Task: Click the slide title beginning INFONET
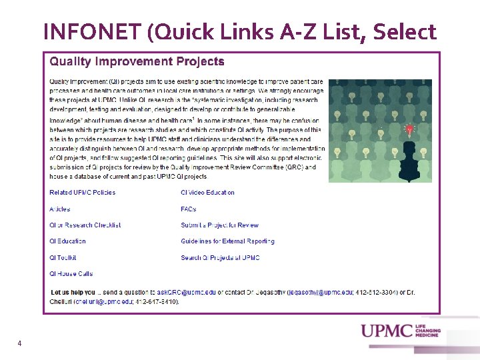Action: (239, 31)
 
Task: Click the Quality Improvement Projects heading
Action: (137, 61)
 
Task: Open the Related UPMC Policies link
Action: (82, 193)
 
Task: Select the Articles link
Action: (59, 209)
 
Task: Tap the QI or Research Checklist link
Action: (85, 225)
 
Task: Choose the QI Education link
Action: (67, 241)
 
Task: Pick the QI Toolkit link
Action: (63, 257)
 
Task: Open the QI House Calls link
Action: (71, 274)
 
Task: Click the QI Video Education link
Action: (207, 193)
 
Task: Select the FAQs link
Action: (188, 209)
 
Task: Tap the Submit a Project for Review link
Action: (219, 225)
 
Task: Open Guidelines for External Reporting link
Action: (227, 241)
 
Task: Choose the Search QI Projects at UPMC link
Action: (220, 257)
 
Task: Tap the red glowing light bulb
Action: (409, 129)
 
